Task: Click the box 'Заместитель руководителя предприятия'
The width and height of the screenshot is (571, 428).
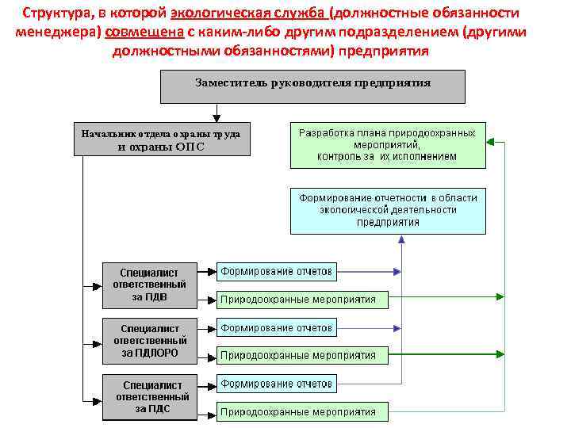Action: pos(312,86)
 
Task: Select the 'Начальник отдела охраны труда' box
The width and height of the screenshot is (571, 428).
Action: pos(161,139)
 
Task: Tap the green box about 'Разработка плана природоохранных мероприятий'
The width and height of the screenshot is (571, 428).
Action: pos(387,145)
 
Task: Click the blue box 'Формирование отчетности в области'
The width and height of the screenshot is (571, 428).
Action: pos(387,210)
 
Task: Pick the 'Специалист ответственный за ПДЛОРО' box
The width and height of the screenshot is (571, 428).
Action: pos(149,341)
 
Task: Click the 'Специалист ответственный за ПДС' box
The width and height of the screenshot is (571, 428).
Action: pos(151,396)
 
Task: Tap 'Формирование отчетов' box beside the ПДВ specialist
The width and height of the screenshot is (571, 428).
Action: pos(276,272)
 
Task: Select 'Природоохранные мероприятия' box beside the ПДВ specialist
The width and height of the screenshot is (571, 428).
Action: pos(302,300)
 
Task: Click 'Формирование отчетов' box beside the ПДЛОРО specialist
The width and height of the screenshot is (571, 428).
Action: pos(276,327)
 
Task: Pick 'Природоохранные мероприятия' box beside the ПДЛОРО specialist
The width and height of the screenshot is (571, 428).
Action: pos(302,355)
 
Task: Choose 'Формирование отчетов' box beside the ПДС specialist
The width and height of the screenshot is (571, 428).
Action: pos(276,384)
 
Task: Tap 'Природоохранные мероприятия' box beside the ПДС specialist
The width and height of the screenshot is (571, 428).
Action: pos(302,412)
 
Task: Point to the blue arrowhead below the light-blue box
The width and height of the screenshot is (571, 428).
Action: pos(401,239)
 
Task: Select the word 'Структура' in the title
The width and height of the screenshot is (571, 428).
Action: pos(56,13)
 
